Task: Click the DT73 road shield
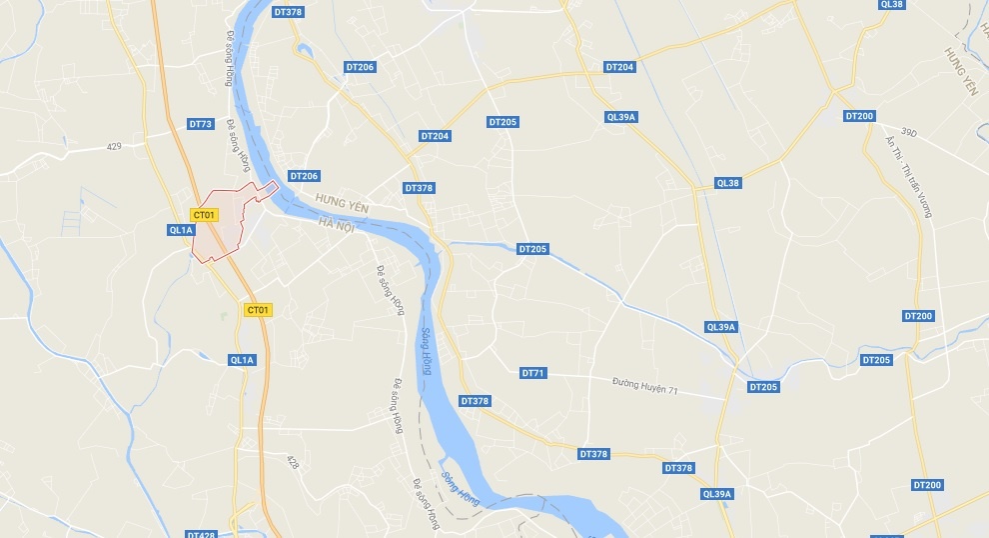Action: tap(201, 124)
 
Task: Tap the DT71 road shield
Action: tap(533, 373)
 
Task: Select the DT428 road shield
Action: tap(201, 535)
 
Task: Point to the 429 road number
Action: tap(114, 147)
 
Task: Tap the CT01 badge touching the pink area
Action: tap(204, 215)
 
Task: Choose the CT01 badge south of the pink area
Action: tap(258, 310)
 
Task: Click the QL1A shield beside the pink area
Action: tap(181, 230)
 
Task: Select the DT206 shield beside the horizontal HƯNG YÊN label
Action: tap(304, 176)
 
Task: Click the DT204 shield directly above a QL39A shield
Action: tap(619, 67)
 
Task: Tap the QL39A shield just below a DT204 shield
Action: tap(621, 117)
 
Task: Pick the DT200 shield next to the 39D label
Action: tap(859, 116)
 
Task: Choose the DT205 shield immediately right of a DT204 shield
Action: tap(502, 122)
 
